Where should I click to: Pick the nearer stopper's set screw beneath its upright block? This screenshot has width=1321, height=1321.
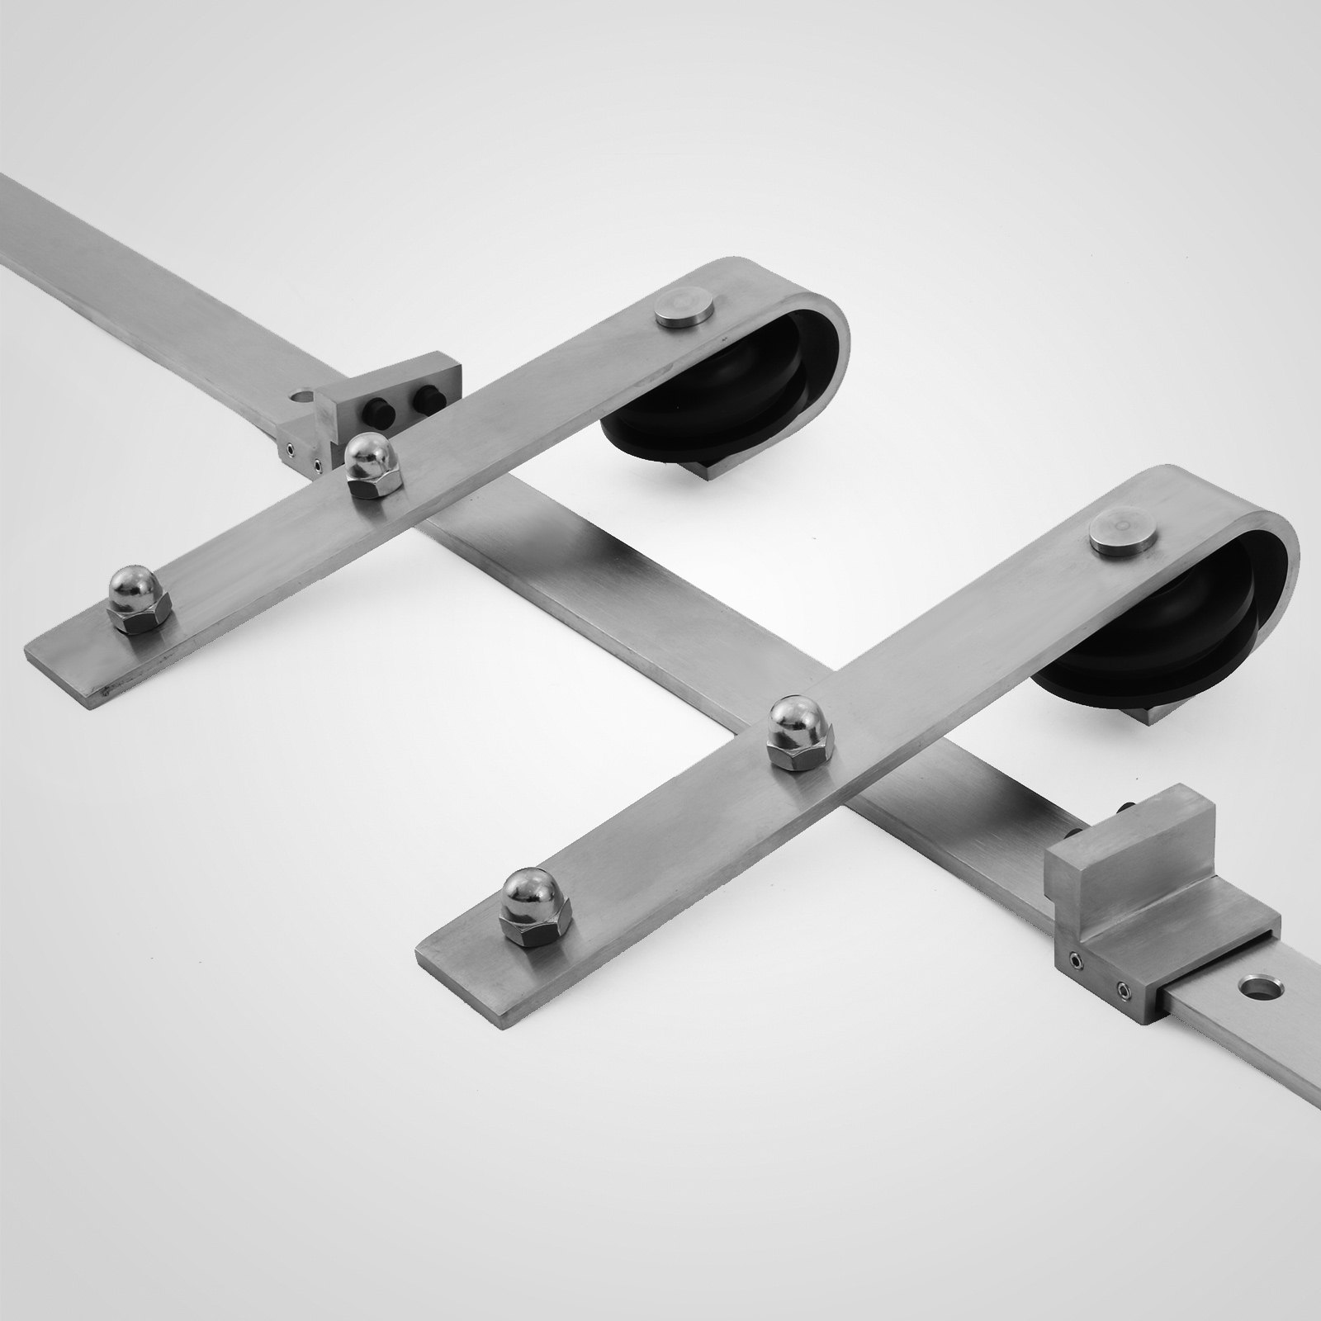[1074, 959]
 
